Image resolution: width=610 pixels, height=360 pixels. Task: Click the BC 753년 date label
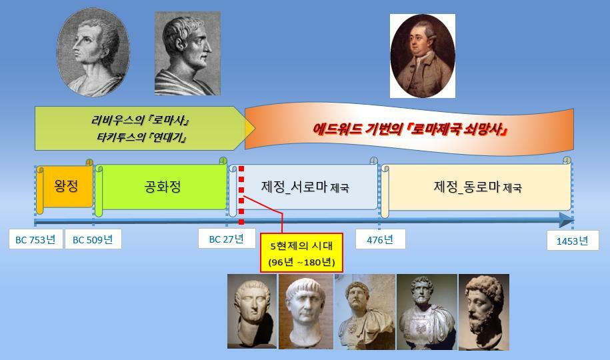pos(36,239)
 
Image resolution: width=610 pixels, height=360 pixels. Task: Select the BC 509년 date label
pos(93,239)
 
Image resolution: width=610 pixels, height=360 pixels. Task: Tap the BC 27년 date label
pos(227,238)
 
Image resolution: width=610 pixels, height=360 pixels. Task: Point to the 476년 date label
pos(380,239)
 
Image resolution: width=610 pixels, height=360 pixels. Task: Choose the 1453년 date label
pos(573,241)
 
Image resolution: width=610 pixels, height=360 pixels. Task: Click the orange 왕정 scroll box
pos(65,187)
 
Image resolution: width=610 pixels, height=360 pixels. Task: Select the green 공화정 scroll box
pos(161,187)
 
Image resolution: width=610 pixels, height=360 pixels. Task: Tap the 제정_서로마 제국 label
pos(305,187)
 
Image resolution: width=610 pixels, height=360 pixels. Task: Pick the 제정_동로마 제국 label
pos(478,187)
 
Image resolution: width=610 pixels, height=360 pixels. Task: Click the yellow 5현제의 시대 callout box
pos(301,253)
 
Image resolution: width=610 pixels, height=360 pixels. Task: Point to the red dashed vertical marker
pos(241,195)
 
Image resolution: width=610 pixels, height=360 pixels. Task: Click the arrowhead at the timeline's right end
pos(567,220)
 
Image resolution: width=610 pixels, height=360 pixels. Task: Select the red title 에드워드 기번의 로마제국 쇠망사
pos(411,129)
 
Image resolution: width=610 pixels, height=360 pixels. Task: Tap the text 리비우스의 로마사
pos(141,120)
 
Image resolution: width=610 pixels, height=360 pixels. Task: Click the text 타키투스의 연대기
pos(141,137)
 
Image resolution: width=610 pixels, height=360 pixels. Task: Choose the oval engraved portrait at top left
pos(93,52)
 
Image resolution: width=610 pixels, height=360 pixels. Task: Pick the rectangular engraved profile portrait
pos(187,53)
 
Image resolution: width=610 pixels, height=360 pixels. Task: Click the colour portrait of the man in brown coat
pos(423,55)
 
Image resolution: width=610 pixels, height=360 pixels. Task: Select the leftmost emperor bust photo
pos(252,311)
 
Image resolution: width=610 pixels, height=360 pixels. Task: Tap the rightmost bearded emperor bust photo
pos(484,312)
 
